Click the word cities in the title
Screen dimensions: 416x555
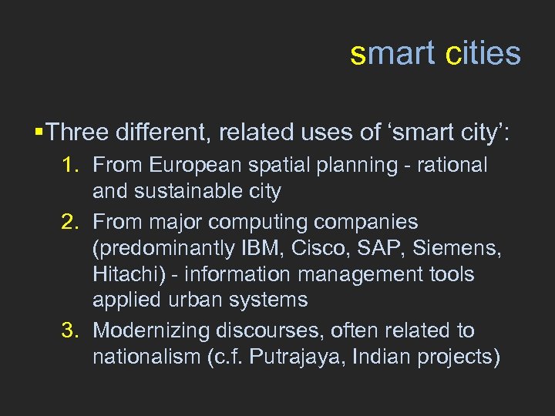tap(483, 54)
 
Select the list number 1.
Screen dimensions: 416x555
tap(71, 166)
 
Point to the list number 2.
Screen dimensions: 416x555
tap(71, 223)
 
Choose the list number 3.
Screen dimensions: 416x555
tap(71, 331)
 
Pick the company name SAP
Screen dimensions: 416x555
tap(378, 248)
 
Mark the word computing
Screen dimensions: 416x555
tap(266, 223)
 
